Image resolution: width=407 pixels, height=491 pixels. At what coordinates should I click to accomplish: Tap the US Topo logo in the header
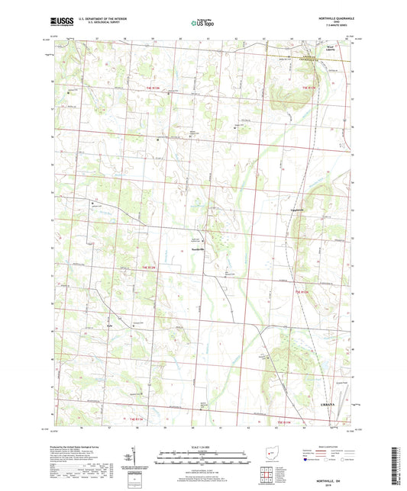click(201, 24)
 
